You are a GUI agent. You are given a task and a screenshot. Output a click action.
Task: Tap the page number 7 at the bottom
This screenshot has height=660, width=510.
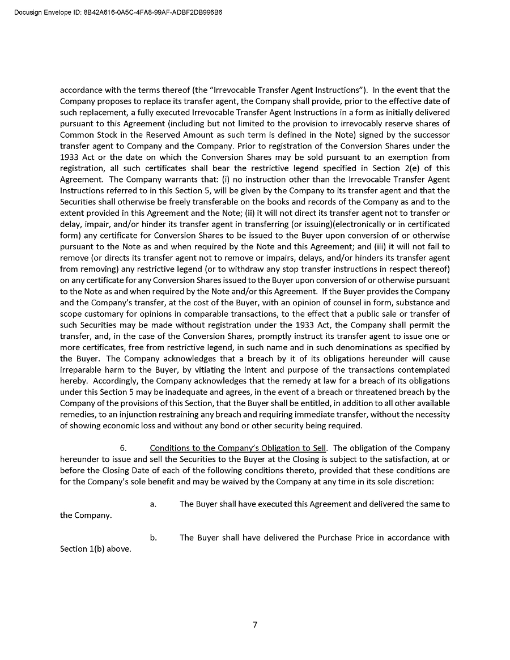255,624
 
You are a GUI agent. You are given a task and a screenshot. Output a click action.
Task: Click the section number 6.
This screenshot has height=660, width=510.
123,448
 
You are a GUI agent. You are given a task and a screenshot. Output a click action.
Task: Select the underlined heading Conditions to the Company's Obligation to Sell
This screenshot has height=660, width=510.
238,448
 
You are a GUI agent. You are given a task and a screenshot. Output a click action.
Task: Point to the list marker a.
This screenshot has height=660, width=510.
153,504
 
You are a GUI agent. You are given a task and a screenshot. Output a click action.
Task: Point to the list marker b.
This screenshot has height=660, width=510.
153,537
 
